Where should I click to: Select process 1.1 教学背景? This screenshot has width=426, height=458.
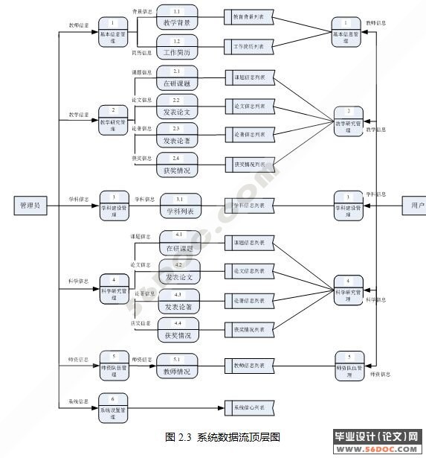coord(177,18)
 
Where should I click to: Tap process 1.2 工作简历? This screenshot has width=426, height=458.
coord(177,48)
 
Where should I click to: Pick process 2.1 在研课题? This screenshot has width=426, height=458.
coord(177,78)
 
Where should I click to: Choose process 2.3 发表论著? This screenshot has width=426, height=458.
coord(177,135)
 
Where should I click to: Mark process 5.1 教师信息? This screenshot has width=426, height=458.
coord(177,366)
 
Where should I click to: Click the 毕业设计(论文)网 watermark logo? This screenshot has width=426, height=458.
coord(378,443)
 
